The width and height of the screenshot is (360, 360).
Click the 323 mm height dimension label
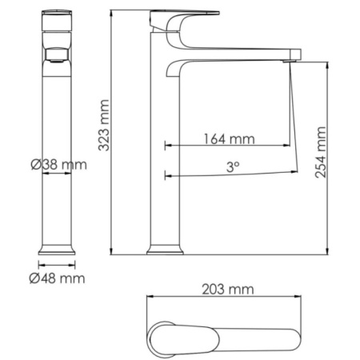104,125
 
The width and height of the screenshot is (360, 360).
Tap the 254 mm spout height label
320,152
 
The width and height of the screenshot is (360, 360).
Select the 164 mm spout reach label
230,139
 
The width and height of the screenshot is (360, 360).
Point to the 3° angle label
233,167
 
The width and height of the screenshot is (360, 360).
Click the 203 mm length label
228,290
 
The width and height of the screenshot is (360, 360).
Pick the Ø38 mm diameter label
58,165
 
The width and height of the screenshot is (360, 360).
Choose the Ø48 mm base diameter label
57,278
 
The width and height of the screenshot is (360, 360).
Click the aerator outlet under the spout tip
289,62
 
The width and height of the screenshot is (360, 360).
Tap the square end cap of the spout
297,54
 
